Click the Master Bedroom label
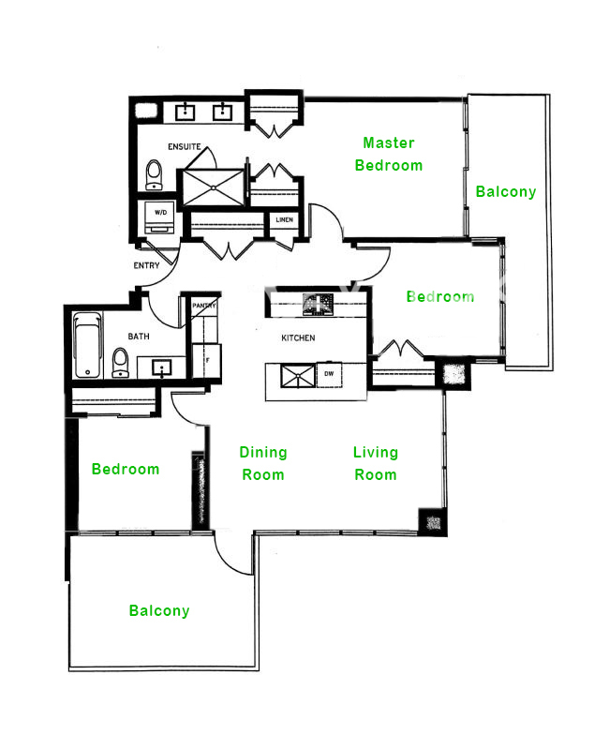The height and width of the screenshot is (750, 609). [389, 154]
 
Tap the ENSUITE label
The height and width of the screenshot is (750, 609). [184, 147]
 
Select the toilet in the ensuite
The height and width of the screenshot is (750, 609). [154, 175]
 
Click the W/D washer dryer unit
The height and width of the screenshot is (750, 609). [159, 217]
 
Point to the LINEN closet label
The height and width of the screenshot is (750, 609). [285, 219]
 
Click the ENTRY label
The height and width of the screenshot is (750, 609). [146, 265]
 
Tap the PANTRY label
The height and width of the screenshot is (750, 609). [204, 306]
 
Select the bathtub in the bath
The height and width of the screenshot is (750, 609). [87, 345]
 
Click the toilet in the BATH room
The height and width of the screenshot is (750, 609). [120, 363]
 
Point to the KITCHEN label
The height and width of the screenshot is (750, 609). [298, 337]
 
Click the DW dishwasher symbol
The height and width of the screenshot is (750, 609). [329, 374]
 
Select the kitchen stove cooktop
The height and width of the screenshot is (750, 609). [318, 305]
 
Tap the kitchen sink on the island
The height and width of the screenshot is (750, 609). [297, 376]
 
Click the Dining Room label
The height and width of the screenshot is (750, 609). [263, 463]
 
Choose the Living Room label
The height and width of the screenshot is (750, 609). [376, 463]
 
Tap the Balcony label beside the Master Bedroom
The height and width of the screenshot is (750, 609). [506, 192]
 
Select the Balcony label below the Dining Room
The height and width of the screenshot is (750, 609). [159, 611]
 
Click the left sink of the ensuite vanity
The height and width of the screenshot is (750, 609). [185, 112]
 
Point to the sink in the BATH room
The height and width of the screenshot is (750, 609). [161, 368]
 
